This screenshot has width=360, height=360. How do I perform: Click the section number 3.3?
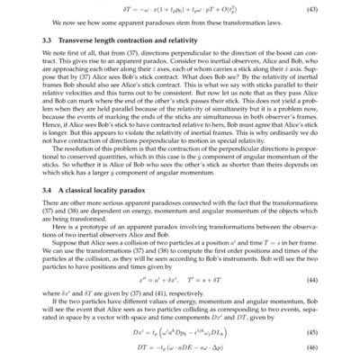coord(47,42)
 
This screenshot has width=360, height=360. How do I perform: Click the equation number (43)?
coord(312,10)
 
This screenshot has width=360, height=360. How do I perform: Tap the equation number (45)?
coord(312,333)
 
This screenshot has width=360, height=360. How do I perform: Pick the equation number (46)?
coord(312,349)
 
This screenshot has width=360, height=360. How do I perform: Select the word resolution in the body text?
coord(78,168)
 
